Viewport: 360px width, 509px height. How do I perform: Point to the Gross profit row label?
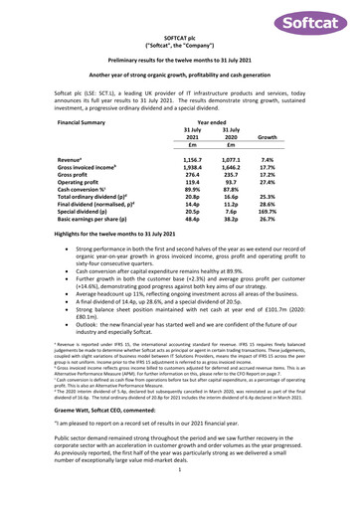[79, 176]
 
